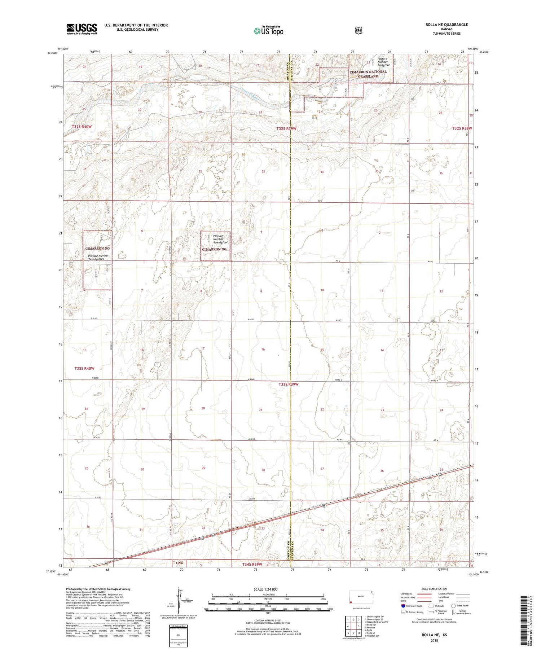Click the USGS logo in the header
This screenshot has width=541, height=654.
pos(82,29)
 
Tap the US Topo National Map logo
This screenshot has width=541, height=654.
pos(268,31)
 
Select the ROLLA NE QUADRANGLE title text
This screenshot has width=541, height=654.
pos(447,25)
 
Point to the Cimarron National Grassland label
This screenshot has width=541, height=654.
pos(368,74)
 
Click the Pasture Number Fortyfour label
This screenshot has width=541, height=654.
pos(383,62)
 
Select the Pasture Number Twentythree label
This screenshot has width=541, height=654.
pos(98,257)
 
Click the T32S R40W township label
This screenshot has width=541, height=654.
pos(82,127)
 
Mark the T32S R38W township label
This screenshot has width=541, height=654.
pos(462,128)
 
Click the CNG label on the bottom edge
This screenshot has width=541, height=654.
pos(180,563)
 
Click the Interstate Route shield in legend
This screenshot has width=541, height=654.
pos(403,606)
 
